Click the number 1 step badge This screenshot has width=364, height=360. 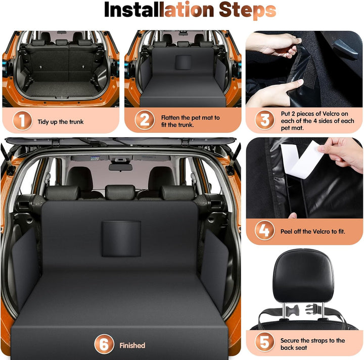22,121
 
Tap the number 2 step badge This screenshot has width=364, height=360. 145,120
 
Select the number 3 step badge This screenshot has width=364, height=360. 264,120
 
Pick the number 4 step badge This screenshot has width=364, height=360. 264,230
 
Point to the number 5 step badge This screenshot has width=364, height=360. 264,342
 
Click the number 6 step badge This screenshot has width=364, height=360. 104,344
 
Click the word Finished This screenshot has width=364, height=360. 132,345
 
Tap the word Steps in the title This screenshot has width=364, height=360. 247,10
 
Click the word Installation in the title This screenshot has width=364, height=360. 159,10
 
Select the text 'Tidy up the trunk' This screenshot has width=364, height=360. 61,122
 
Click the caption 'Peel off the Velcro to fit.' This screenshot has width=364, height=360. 313,231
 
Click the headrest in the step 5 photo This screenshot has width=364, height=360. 303,276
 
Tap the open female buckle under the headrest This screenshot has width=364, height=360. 292,311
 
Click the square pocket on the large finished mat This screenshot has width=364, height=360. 121,239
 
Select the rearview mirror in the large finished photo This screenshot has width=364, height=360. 120,167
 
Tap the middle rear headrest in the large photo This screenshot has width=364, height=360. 120,192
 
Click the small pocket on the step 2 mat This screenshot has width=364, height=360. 183,63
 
